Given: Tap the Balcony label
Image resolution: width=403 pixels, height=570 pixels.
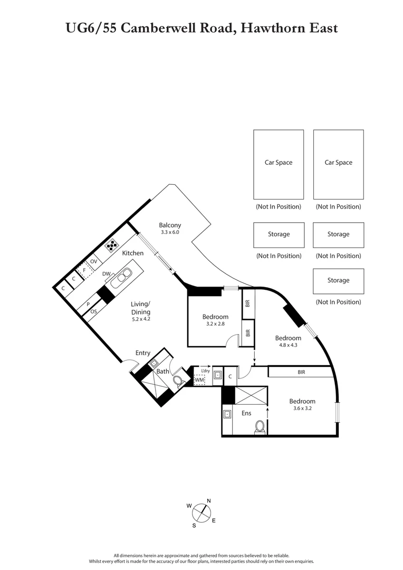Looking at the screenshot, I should point(170,225).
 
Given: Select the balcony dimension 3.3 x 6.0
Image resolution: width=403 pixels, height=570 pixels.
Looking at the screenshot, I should point(170,232).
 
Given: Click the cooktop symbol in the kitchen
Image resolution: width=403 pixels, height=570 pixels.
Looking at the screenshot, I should point(112,245).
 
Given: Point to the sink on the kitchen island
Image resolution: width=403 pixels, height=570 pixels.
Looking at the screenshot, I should point(124,276).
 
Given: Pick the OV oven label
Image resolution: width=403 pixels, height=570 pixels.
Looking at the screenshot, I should point(94,261).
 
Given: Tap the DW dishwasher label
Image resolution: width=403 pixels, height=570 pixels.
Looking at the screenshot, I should point(106,274).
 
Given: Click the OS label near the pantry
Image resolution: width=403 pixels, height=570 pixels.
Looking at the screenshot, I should point(93,312).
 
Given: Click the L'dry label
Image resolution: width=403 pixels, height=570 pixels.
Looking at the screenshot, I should point(206,370).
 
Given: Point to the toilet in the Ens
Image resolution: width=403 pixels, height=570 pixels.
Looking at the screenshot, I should point(260,426).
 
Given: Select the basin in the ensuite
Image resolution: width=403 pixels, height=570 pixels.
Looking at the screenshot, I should point(228,414).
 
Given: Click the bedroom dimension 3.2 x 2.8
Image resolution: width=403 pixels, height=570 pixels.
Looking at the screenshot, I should point(215,324).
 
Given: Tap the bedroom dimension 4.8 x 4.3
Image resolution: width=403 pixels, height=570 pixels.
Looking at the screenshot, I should point(287,345).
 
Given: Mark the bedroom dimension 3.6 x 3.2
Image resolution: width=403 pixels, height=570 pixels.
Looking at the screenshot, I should point(302,408).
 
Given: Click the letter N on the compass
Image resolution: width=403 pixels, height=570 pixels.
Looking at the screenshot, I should point(208,501).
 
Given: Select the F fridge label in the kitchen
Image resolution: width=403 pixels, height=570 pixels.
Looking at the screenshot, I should point(84,270).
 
